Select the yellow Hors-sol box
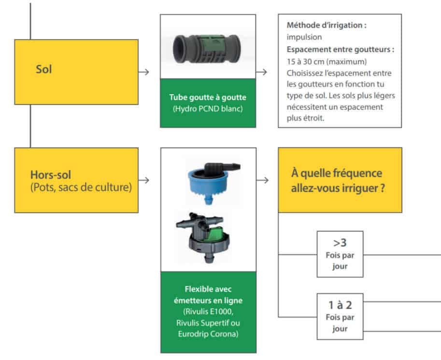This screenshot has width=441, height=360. [76, 180]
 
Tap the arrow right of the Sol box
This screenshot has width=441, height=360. [143, 72]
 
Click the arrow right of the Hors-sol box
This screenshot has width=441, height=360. [143, 180]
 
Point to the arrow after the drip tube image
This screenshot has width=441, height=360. [262, 72]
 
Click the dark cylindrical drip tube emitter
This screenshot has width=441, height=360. [208, 47]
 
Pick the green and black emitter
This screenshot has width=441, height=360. [209, 236]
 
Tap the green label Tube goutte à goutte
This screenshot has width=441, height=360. [208, 97]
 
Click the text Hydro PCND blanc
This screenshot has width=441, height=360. [208, 109]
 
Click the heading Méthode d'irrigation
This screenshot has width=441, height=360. [326, 26]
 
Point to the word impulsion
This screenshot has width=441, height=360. [304, 36]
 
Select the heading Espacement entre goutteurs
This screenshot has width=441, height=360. [340, 49]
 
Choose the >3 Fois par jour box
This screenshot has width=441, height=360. [340, 254]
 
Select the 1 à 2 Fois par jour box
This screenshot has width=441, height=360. [340, 316]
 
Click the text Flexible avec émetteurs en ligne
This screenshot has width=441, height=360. [208, 295]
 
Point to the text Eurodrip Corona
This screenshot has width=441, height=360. [208, 333]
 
